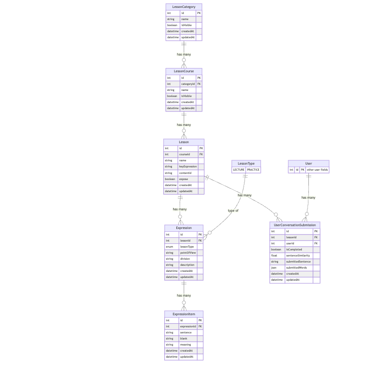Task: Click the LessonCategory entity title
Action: tap(184, 7)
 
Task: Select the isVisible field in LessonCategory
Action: tap(187, 25)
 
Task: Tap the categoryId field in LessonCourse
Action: tap(188, 84)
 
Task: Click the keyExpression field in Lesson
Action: tap(188, 166)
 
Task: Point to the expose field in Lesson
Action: tap(184, 179)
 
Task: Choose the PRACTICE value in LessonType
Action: tap(253, 170)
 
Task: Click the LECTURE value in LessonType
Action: tap(238, 170)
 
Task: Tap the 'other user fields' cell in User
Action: tap(317, 170)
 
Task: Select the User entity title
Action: tap(308, 163)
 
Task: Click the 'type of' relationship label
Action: tap(233, 210)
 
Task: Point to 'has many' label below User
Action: tap(308, 197)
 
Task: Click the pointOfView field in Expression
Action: tap(188, 253)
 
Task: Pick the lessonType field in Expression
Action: tap(187, 247)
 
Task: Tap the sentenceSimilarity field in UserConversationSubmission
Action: tap(298, 256)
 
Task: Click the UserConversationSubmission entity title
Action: tap(295, 225)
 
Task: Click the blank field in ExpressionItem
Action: tap(183, 339)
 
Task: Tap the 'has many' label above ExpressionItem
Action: tap(184, 295)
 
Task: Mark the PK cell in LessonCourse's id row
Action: tap(199, 78)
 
